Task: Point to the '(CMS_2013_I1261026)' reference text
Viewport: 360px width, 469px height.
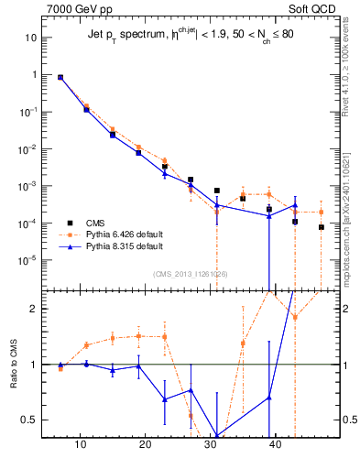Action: (191, 273)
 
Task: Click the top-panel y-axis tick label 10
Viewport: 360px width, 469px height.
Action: (30, 38)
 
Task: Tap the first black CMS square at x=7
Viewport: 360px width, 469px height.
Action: (60, 78)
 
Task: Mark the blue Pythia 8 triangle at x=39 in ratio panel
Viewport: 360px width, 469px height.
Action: (268, 398)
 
